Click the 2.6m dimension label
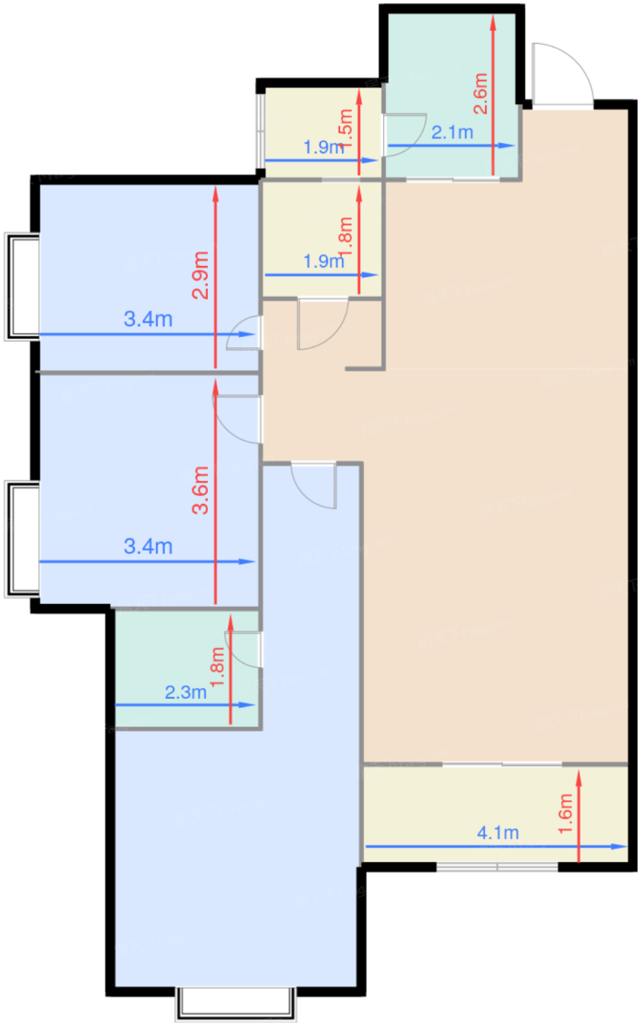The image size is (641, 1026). (x=481, y=93)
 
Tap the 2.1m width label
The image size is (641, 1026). (x=452, y=133)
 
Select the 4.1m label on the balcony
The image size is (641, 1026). (x=498, y=833)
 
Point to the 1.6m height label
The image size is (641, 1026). (x=566, y=814)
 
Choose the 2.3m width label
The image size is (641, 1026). (x=185, y=693)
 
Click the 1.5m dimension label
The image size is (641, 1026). (x=346, y=125)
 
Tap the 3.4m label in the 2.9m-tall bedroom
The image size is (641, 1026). (x=148, y=320)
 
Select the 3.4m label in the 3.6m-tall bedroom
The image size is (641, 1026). (x=148, y=547)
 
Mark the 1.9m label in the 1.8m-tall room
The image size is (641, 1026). (x=324, y=262)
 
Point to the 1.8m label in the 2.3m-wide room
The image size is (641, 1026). (x=218, y=667)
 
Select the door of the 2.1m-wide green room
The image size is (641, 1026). (x=404, y=130)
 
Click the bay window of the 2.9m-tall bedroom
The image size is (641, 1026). (x=22, y=286)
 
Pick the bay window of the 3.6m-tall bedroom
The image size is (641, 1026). (x=22, y=539)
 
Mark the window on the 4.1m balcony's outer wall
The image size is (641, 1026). (x=497, y=867)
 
